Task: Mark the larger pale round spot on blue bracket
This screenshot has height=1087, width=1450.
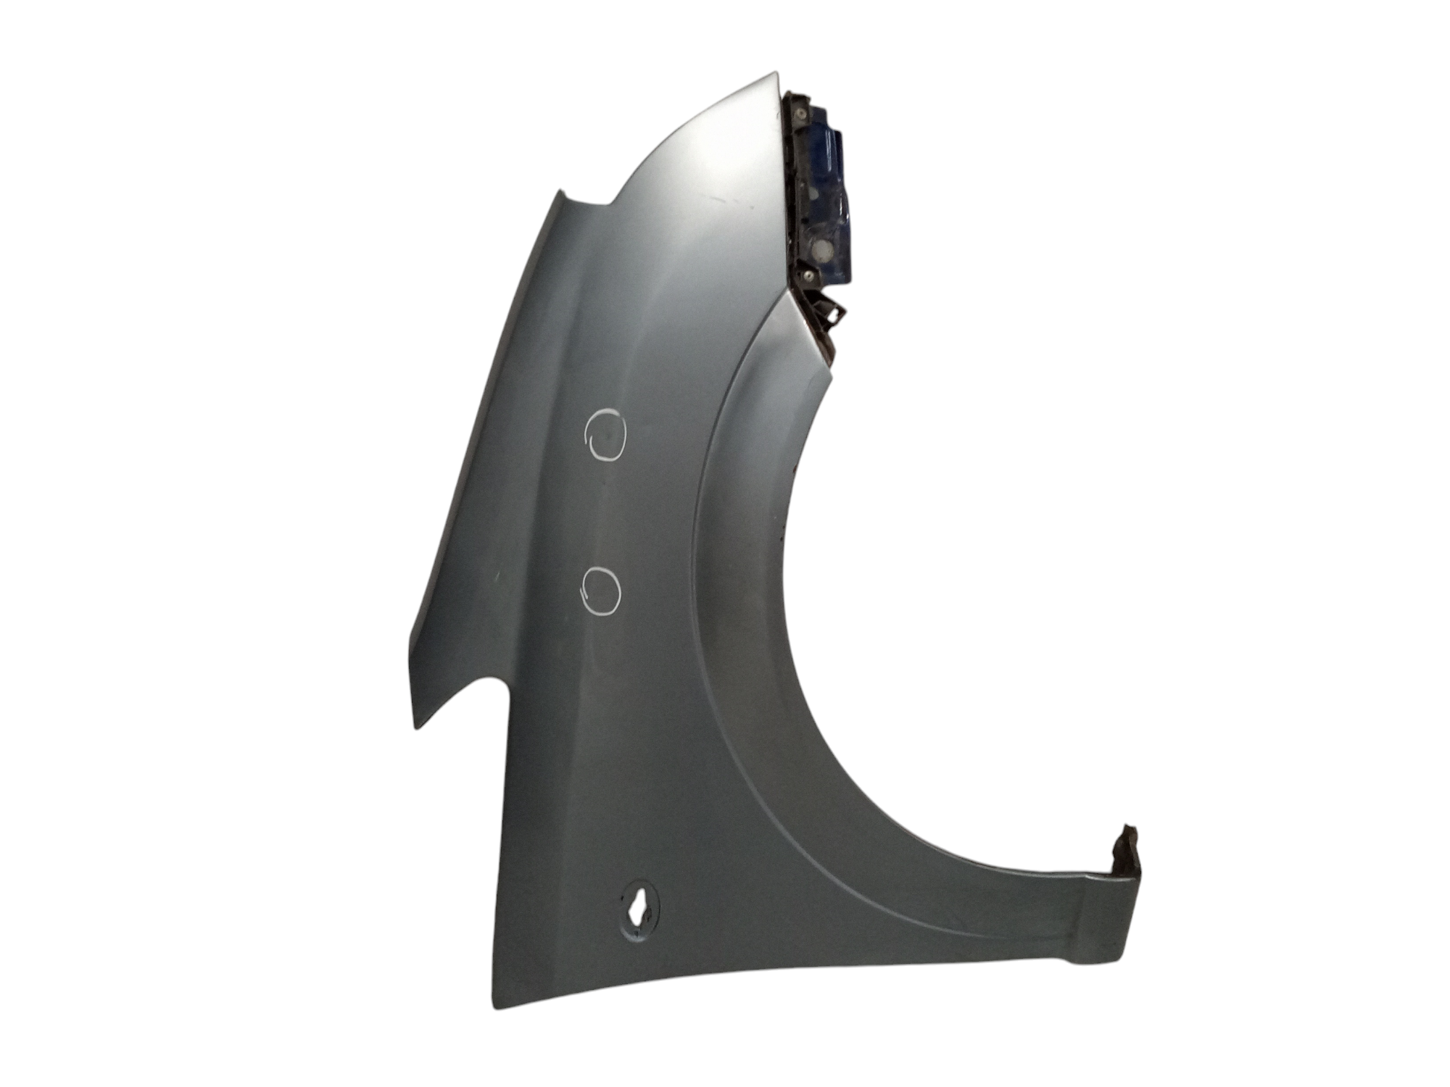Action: [822, 251]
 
